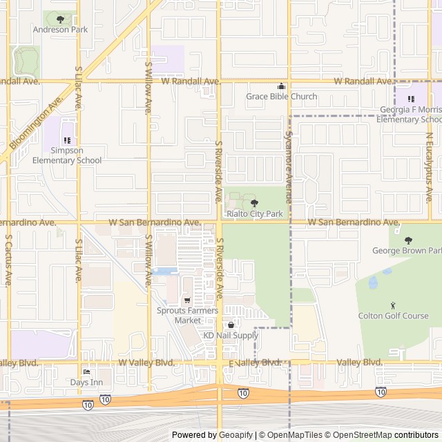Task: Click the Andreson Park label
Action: pyautogui.click(x=60, y=30)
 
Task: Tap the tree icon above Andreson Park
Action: pyautogui.click(x=60, y=19)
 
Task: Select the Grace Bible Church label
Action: pyautogui.click(x=282, y=97)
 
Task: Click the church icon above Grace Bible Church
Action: pyautogui.click(x=281, y=86)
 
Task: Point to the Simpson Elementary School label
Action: pyautogui.click(x=66, y=155)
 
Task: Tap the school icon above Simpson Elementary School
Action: pyautogui.click(x=67, y=141)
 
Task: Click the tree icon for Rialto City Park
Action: pyautogui.click(x=254, y=203)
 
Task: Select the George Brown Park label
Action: pyautogui.click(x=407, y=251)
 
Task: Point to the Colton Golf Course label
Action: pyautogui.click(x=394, y=316)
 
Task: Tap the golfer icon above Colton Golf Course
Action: pyautogui.click(x=394, y=305)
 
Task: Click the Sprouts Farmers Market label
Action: pyautogui.click(x=187, y=315)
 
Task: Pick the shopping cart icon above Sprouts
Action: pyautogui.click(x=186, y=300)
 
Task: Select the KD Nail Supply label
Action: pyautogui.click(x=230, y=335)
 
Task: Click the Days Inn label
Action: pyautogui.click(x=86, y=382)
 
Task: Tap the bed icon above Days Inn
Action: pyautogui.click(x=86, y=372)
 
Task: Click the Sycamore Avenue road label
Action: pyautogui.click(x=288, y=169)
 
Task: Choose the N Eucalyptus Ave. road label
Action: pyautogui.click(x=429, y=162)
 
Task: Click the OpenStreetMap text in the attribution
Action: pyautogui.click(x=363, y=435)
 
